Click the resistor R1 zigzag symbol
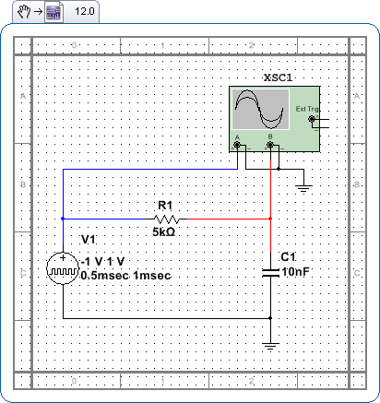click(x=166, y=219)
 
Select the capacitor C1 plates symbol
click(x=270, y=273)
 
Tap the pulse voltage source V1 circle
click(x=63, y=268)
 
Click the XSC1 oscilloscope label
click(x=278, y=77)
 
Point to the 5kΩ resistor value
click(x=164, y=231)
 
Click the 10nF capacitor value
click(x=295, y=272)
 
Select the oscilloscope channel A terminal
click(x=237, y=145)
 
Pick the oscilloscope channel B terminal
click(x=270, y=145)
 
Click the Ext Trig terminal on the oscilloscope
click(x=312, y=119)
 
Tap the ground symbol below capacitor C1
click(x=270, y=347)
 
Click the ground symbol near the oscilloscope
click(x=303, y=188)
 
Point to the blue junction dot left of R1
click(x=63, y=219)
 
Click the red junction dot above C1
click(x=270, y=219)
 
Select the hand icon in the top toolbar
click(x=24, y=12)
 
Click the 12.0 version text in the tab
click(x=85, y=12)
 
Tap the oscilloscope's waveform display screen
click(x=260, y=109)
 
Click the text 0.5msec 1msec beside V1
click(x=125, y=276)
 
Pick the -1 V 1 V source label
click(x=102, y=262)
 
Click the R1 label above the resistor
click(x=165, y=205)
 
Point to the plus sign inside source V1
click(x=63, y=257)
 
